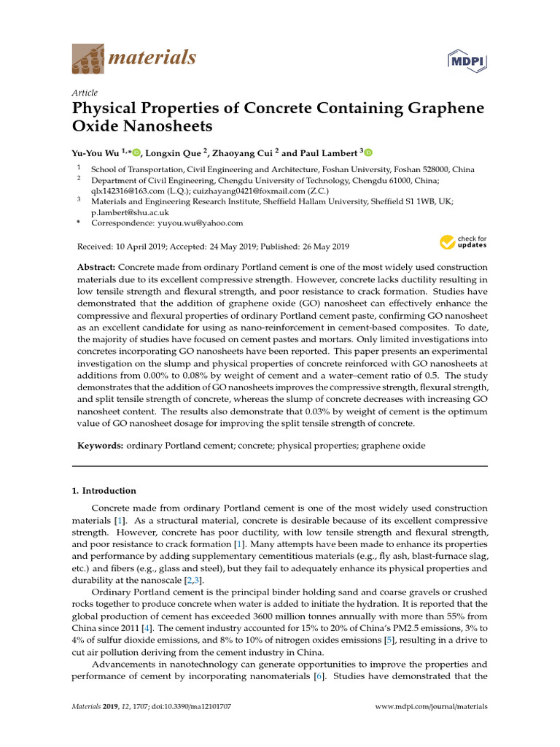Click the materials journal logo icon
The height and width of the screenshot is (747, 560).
[87, 58]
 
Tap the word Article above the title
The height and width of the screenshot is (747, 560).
[85, 93]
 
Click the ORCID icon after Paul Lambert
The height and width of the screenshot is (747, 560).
[367, 153]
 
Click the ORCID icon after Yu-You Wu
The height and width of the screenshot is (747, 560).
[136, 153]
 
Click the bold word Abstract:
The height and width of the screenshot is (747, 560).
[96, 268]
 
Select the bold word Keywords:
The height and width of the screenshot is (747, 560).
[101, 445]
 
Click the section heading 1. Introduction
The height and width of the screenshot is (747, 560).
[104, 491]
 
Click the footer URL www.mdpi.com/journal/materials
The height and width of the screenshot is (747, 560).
[431, 707]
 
